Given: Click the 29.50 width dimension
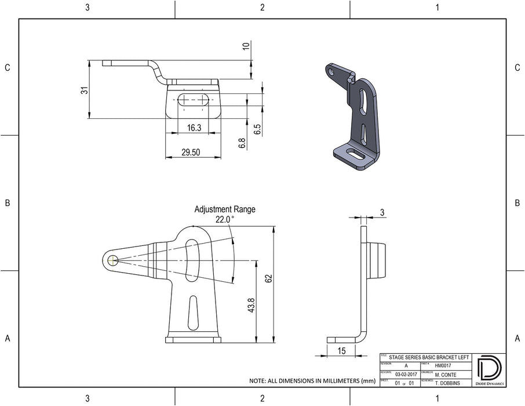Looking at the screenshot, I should point(191,152).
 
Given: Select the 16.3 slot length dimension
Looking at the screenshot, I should point(194,128).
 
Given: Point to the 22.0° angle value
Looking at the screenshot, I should point(224,220).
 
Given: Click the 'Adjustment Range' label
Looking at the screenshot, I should point(224,209).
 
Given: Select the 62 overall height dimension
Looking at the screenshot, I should point(268,278).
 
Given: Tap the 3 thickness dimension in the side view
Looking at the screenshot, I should point(382,213).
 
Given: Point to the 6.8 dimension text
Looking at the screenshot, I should point(242,143).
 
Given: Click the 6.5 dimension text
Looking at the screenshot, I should point(258,129).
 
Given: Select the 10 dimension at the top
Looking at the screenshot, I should point(246,47).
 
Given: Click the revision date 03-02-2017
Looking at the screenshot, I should point(406,375).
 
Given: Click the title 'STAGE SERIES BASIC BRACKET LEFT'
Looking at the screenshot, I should point(428,358).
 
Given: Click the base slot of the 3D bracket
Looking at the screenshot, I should point(355,154).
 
